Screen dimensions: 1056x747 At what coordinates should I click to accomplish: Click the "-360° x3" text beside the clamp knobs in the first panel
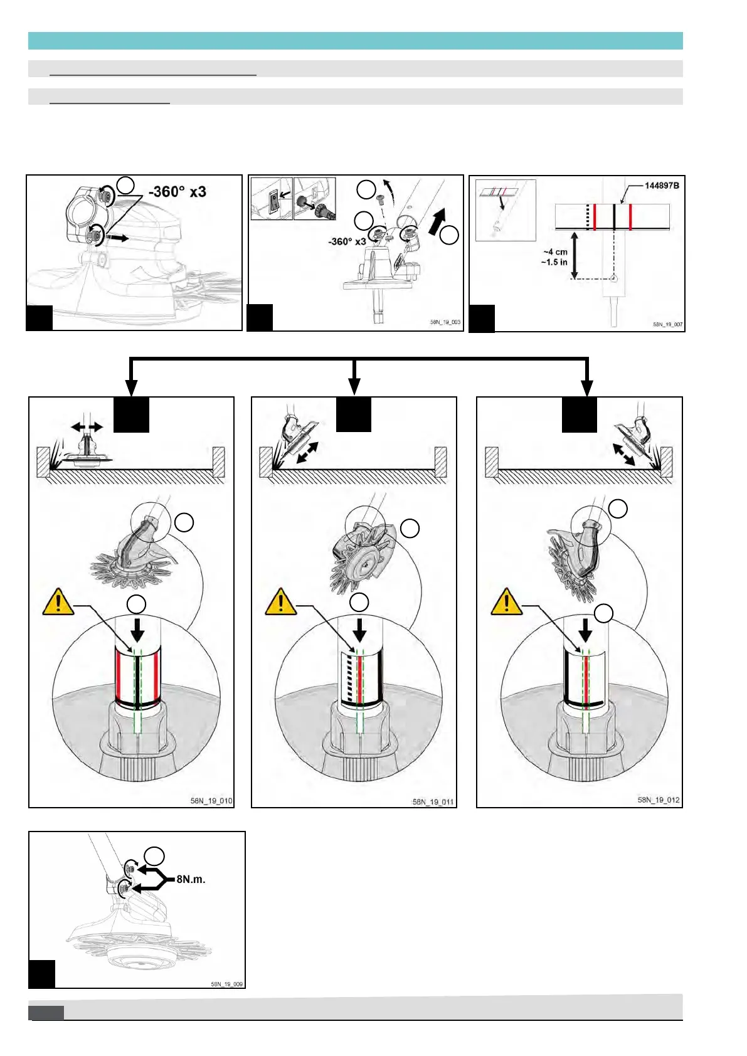[177, 192]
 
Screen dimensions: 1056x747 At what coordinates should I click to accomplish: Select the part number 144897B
[662, 186]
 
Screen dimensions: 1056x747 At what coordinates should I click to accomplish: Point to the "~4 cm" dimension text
[555, 252]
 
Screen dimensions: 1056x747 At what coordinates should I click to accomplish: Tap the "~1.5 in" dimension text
[554, 262]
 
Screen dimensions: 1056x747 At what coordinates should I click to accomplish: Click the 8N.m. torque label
[191, 879]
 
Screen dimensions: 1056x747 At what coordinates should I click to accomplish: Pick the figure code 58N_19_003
[445, 322]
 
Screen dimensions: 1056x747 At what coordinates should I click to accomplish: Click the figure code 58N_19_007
[667, 325]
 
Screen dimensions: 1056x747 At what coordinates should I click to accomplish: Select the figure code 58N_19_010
[211, 801]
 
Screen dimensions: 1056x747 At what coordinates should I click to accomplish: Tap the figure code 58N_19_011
[433, 802]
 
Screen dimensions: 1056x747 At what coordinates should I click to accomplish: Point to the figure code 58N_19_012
[659, 800]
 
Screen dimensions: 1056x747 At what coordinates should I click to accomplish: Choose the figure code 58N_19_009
[226, 984]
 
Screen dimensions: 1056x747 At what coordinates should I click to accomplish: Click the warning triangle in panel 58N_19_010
[58, 602]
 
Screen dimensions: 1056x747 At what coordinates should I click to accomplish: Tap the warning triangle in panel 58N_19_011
[281, 602]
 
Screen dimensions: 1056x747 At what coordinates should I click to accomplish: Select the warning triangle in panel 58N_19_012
[506, 602]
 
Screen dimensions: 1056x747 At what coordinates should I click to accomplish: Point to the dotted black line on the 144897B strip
[587, 217]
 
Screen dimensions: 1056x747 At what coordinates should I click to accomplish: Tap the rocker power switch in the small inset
[272, 201]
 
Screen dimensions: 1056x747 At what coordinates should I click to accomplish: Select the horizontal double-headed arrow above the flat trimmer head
[87, 427]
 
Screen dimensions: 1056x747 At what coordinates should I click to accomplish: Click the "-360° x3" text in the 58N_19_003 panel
[347, 241]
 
